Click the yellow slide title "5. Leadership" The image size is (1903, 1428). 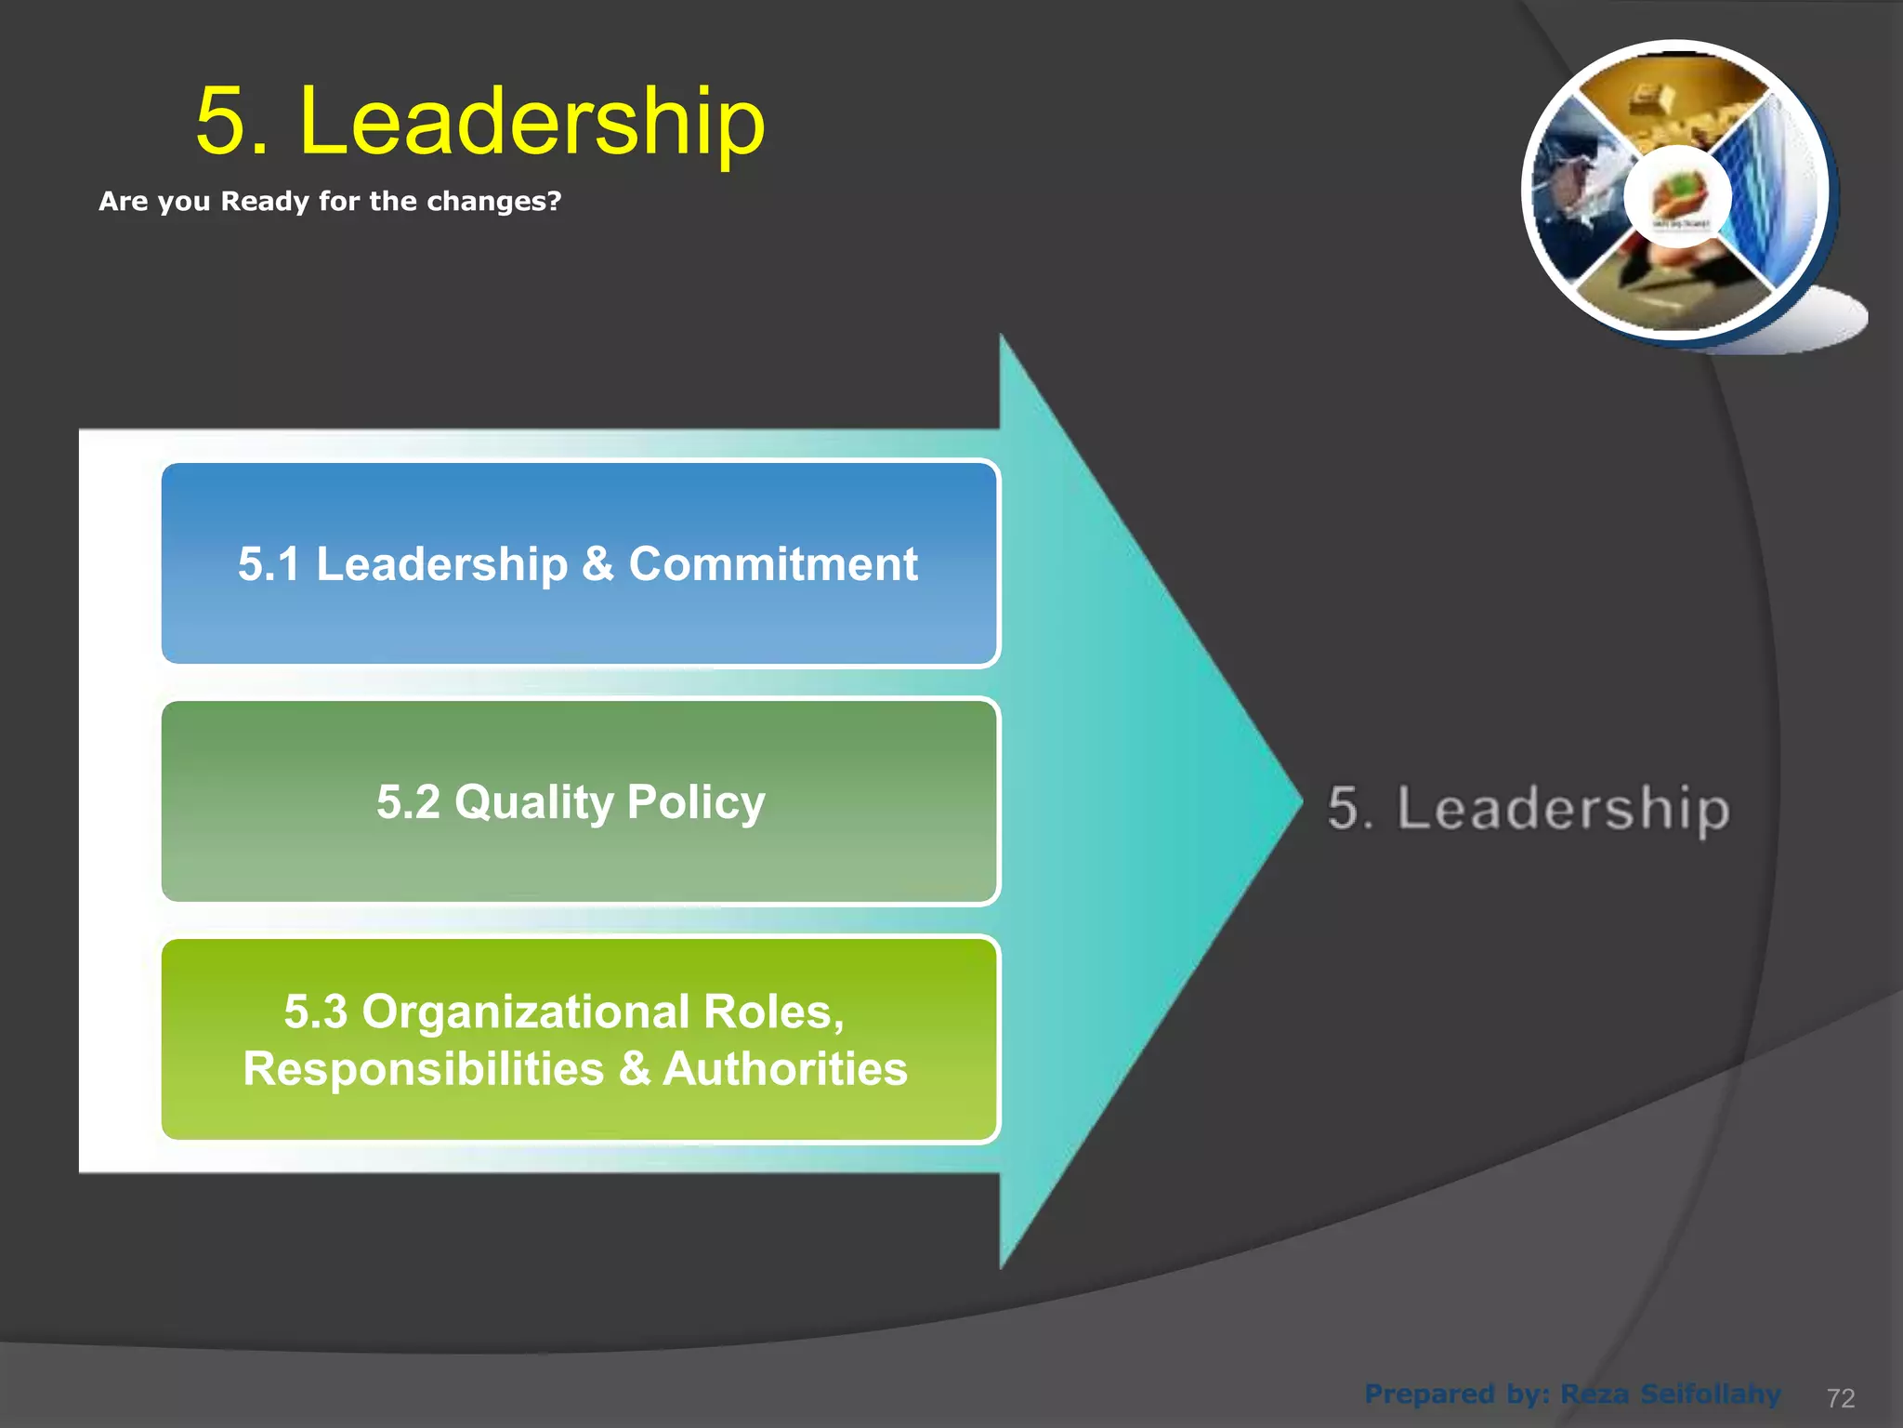coord(480,121)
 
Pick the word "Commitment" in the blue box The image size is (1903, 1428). coord(773,564)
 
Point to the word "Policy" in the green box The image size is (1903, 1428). coord(696,802)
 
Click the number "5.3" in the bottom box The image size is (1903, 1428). coord(316,1011)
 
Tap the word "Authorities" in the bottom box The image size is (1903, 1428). coord(785,1069)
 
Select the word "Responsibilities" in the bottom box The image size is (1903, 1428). coord(424,1069)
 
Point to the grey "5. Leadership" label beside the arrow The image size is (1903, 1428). coord(1529,809)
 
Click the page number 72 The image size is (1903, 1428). coord(1841,1398)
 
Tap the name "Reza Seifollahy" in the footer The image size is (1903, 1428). coord(1671,1395)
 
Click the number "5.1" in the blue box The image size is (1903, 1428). coord(269,564)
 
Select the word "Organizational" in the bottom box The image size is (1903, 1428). coord(526,1011)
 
